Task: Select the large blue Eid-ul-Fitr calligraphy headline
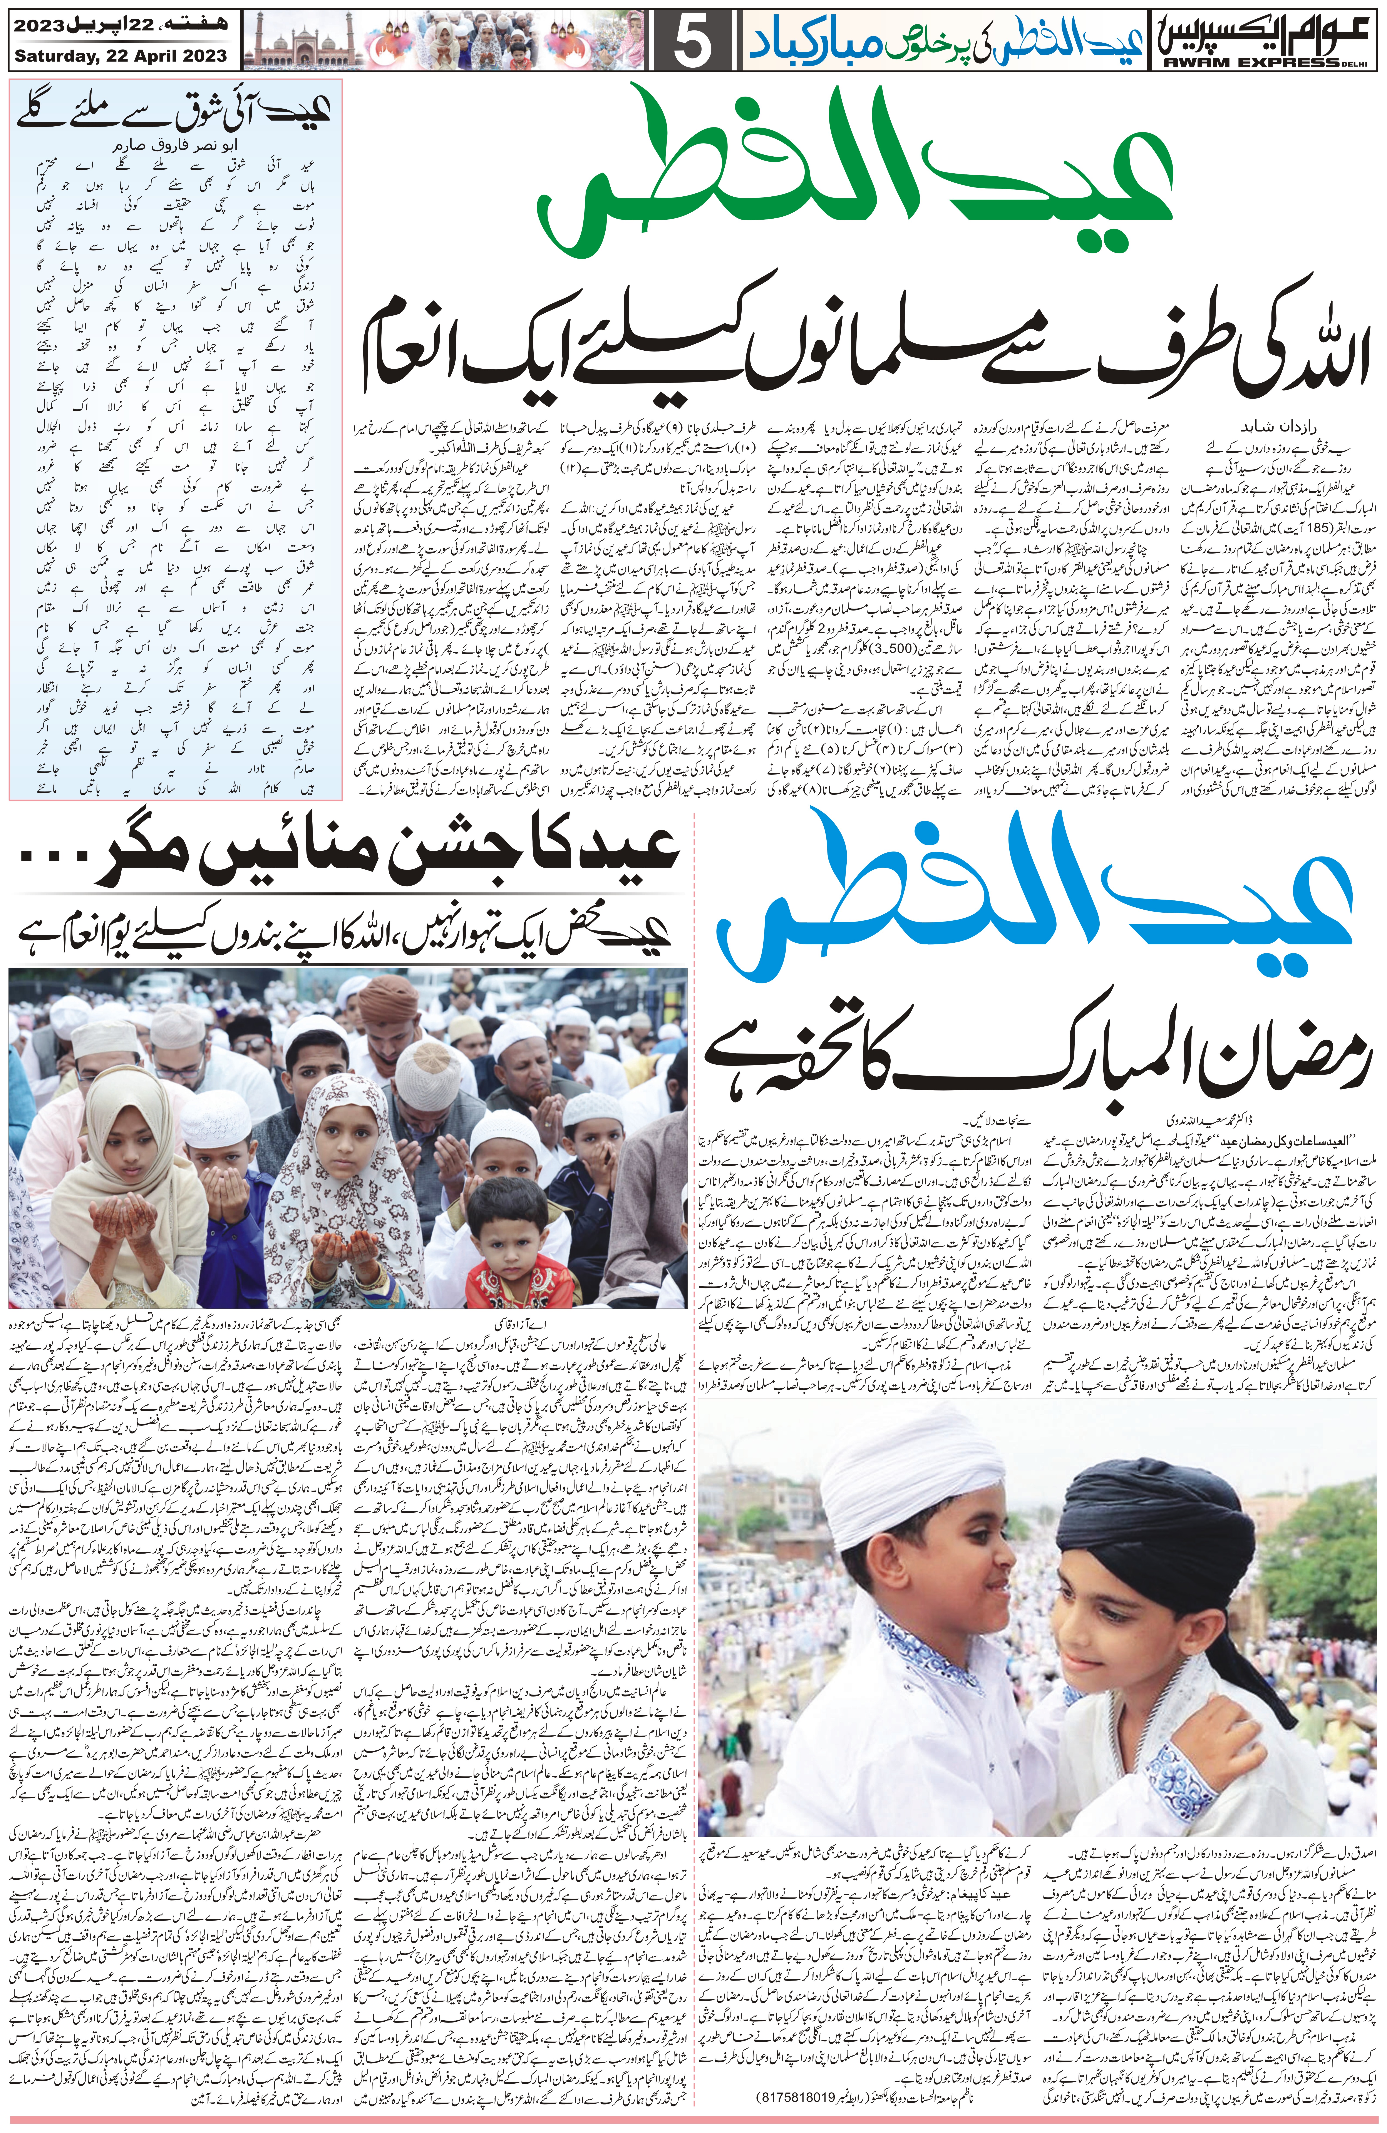(1040, 905)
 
